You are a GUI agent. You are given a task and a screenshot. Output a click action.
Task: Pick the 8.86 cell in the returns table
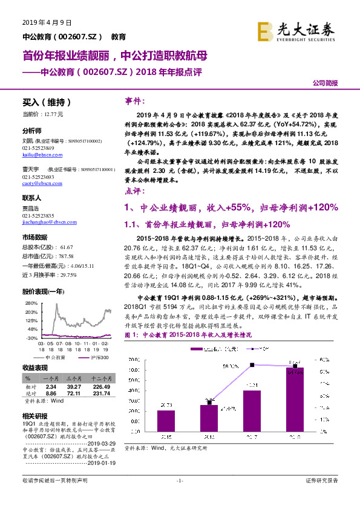[x=51, y=394]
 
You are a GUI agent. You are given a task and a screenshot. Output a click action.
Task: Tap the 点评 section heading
[x=134, y=191]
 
